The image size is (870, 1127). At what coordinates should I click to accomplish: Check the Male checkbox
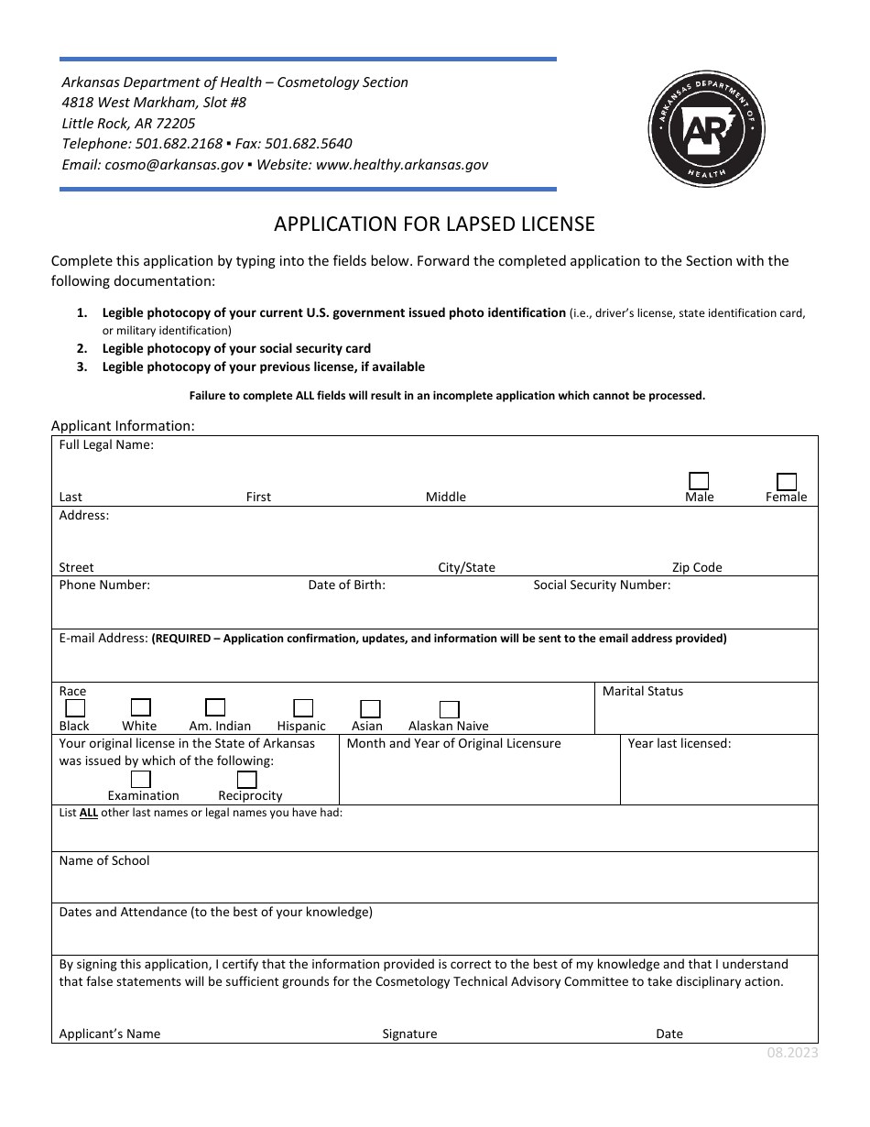(699, 481)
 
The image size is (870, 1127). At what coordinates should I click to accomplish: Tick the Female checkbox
(786, 481)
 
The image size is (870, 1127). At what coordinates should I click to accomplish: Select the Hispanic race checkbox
(303, 707)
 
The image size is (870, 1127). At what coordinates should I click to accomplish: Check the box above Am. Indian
(215, 706)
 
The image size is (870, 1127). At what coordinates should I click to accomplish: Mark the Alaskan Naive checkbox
(449, 708)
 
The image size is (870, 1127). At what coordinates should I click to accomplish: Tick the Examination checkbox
(140, 779)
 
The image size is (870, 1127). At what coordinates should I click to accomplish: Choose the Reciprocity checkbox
(246, 779)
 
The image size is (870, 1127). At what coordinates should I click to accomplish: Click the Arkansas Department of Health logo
(706, 128)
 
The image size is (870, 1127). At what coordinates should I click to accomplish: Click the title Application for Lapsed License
(434, 224)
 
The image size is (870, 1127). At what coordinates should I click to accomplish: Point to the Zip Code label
(696, 567)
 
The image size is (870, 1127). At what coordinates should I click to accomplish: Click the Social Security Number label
(602, 585)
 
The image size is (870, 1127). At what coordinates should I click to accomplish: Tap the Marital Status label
(642, 691)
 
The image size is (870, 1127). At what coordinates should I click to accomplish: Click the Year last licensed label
(679, 743)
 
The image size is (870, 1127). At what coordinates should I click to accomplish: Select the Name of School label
(103, 860)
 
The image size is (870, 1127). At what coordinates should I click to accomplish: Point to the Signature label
(409, 1034)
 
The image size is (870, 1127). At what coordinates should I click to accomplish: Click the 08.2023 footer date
(792, 1053)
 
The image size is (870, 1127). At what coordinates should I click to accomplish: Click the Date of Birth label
(346, 585)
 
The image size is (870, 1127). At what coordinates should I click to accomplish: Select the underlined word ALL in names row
(89, 812)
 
